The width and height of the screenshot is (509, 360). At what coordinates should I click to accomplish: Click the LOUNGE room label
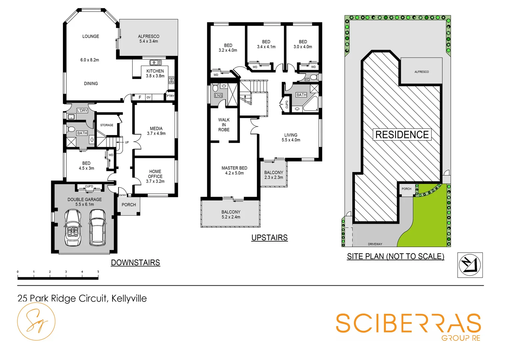(x=91, y=36)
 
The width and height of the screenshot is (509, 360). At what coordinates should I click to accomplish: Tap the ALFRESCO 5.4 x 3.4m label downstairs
(x=149, y=39)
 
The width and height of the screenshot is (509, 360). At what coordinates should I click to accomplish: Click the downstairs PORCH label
(x=129, y=205)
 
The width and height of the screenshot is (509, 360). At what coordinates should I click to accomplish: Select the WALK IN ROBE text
(x=224, y=125)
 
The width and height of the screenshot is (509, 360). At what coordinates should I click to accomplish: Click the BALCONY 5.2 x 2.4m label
(x=231, y=214)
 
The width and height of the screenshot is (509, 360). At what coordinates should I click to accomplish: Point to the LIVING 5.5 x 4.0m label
(x=291, y=137)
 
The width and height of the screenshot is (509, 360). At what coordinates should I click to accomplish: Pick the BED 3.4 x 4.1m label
(x=266, y=44)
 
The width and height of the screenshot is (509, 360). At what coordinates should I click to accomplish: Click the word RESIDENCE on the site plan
(x=402, y=135)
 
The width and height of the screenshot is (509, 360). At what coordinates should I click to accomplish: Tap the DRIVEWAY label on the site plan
(x=375, y=244)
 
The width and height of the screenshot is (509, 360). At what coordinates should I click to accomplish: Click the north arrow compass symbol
(x=470, y=265)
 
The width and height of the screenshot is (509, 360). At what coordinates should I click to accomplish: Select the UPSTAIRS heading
(x=269, y=238)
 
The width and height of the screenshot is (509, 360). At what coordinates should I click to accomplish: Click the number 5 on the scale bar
(x=98, y=272)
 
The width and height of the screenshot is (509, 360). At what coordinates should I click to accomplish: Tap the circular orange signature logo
(x=36, y=322)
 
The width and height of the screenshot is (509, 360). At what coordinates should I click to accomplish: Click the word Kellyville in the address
(x=129, y=298)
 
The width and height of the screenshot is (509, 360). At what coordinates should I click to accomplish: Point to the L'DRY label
(x=82, y=110)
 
